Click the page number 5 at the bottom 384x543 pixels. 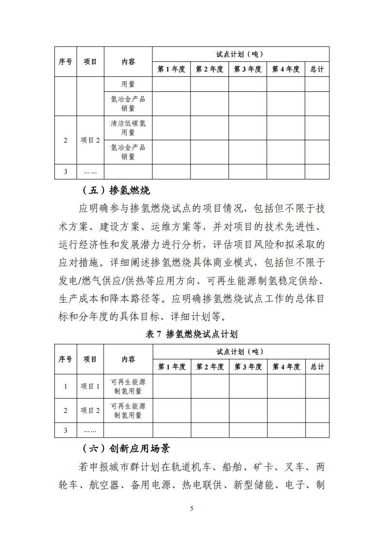tap(192, 508)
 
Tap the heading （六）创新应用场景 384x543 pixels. tap(126, 449)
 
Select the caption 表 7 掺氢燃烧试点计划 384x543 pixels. tap(192, 334)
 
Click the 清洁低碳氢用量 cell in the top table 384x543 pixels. tap(128, 128)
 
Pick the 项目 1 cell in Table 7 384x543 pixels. tap(90, 386)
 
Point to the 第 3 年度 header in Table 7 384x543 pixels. tap(248, 367)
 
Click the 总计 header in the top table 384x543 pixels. tap(317, 69)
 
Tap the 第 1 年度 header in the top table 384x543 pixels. tap(171, 69)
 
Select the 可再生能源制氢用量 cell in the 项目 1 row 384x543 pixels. tap(128, 386)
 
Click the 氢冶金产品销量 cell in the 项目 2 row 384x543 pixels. tap(128, 152)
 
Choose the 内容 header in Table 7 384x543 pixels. tap(128, 359)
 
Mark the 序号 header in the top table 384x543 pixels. tap(66, 61)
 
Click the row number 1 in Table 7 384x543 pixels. tap(66, 386)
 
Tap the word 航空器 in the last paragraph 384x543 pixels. tap(104, 485)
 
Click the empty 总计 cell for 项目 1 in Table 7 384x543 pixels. tap(317, 386)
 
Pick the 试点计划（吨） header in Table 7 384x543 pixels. tap(240, 352)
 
